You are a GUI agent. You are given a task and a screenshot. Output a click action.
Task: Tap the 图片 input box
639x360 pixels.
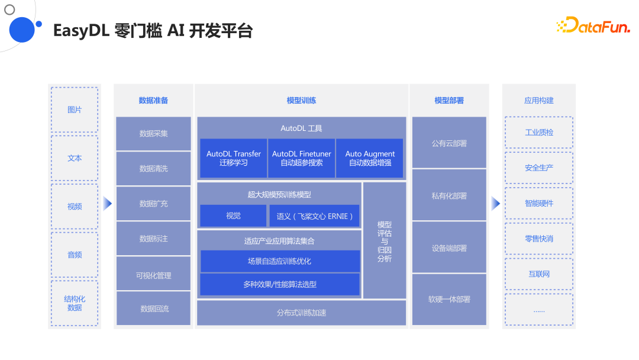pos(75,110)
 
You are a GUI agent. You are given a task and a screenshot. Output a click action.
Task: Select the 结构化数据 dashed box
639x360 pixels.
pos(75,303)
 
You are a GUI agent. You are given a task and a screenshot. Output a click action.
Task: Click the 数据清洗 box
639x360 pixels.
pos(153,169)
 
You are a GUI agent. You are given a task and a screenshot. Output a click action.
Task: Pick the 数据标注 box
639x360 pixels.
pos(153,239)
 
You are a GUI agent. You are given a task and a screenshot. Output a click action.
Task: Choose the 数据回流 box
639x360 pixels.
pos(153,308)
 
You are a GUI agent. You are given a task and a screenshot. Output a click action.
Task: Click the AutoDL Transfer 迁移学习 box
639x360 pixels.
pos(233,158)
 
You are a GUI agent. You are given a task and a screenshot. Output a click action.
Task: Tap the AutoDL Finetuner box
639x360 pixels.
pos(301,158)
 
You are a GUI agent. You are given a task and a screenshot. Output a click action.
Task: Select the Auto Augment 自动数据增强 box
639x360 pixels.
pos(370,158)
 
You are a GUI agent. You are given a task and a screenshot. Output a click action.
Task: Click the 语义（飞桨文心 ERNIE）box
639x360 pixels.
pos(314,216)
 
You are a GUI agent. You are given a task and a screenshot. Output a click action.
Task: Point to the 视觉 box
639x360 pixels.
pos(233,216)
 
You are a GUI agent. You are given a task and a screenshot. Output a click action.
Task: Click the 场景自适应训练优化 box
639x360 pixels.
pos(279,261)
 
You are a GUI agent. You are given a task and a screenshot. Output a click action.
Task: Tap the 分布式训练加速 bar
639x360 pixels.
pos(301,313)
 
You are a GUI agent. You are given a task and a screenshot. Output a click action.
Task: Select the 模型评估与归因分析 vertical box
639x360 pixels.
pos(385,241)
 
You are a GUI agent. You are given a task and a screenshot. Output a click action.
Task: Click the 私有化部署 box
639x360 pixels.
pos(449,195)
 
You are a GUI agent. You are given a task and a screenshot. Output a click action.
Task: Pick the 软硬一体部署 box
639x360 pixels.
pos(449,300)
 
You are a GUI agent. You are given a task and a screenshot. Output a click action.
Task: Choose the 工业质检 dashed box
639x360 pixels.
pos(538,132)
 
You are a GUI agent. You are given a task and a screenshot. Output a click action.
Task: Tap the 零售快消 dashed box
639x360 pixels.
pos(538,239)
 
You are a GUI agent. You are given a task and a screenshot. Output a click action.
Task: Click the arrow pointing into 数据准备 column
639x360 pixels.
pos(107,203)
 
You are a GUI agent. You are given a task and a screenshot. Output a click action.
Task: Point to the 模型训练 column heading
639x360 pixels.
pos(301,101)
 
